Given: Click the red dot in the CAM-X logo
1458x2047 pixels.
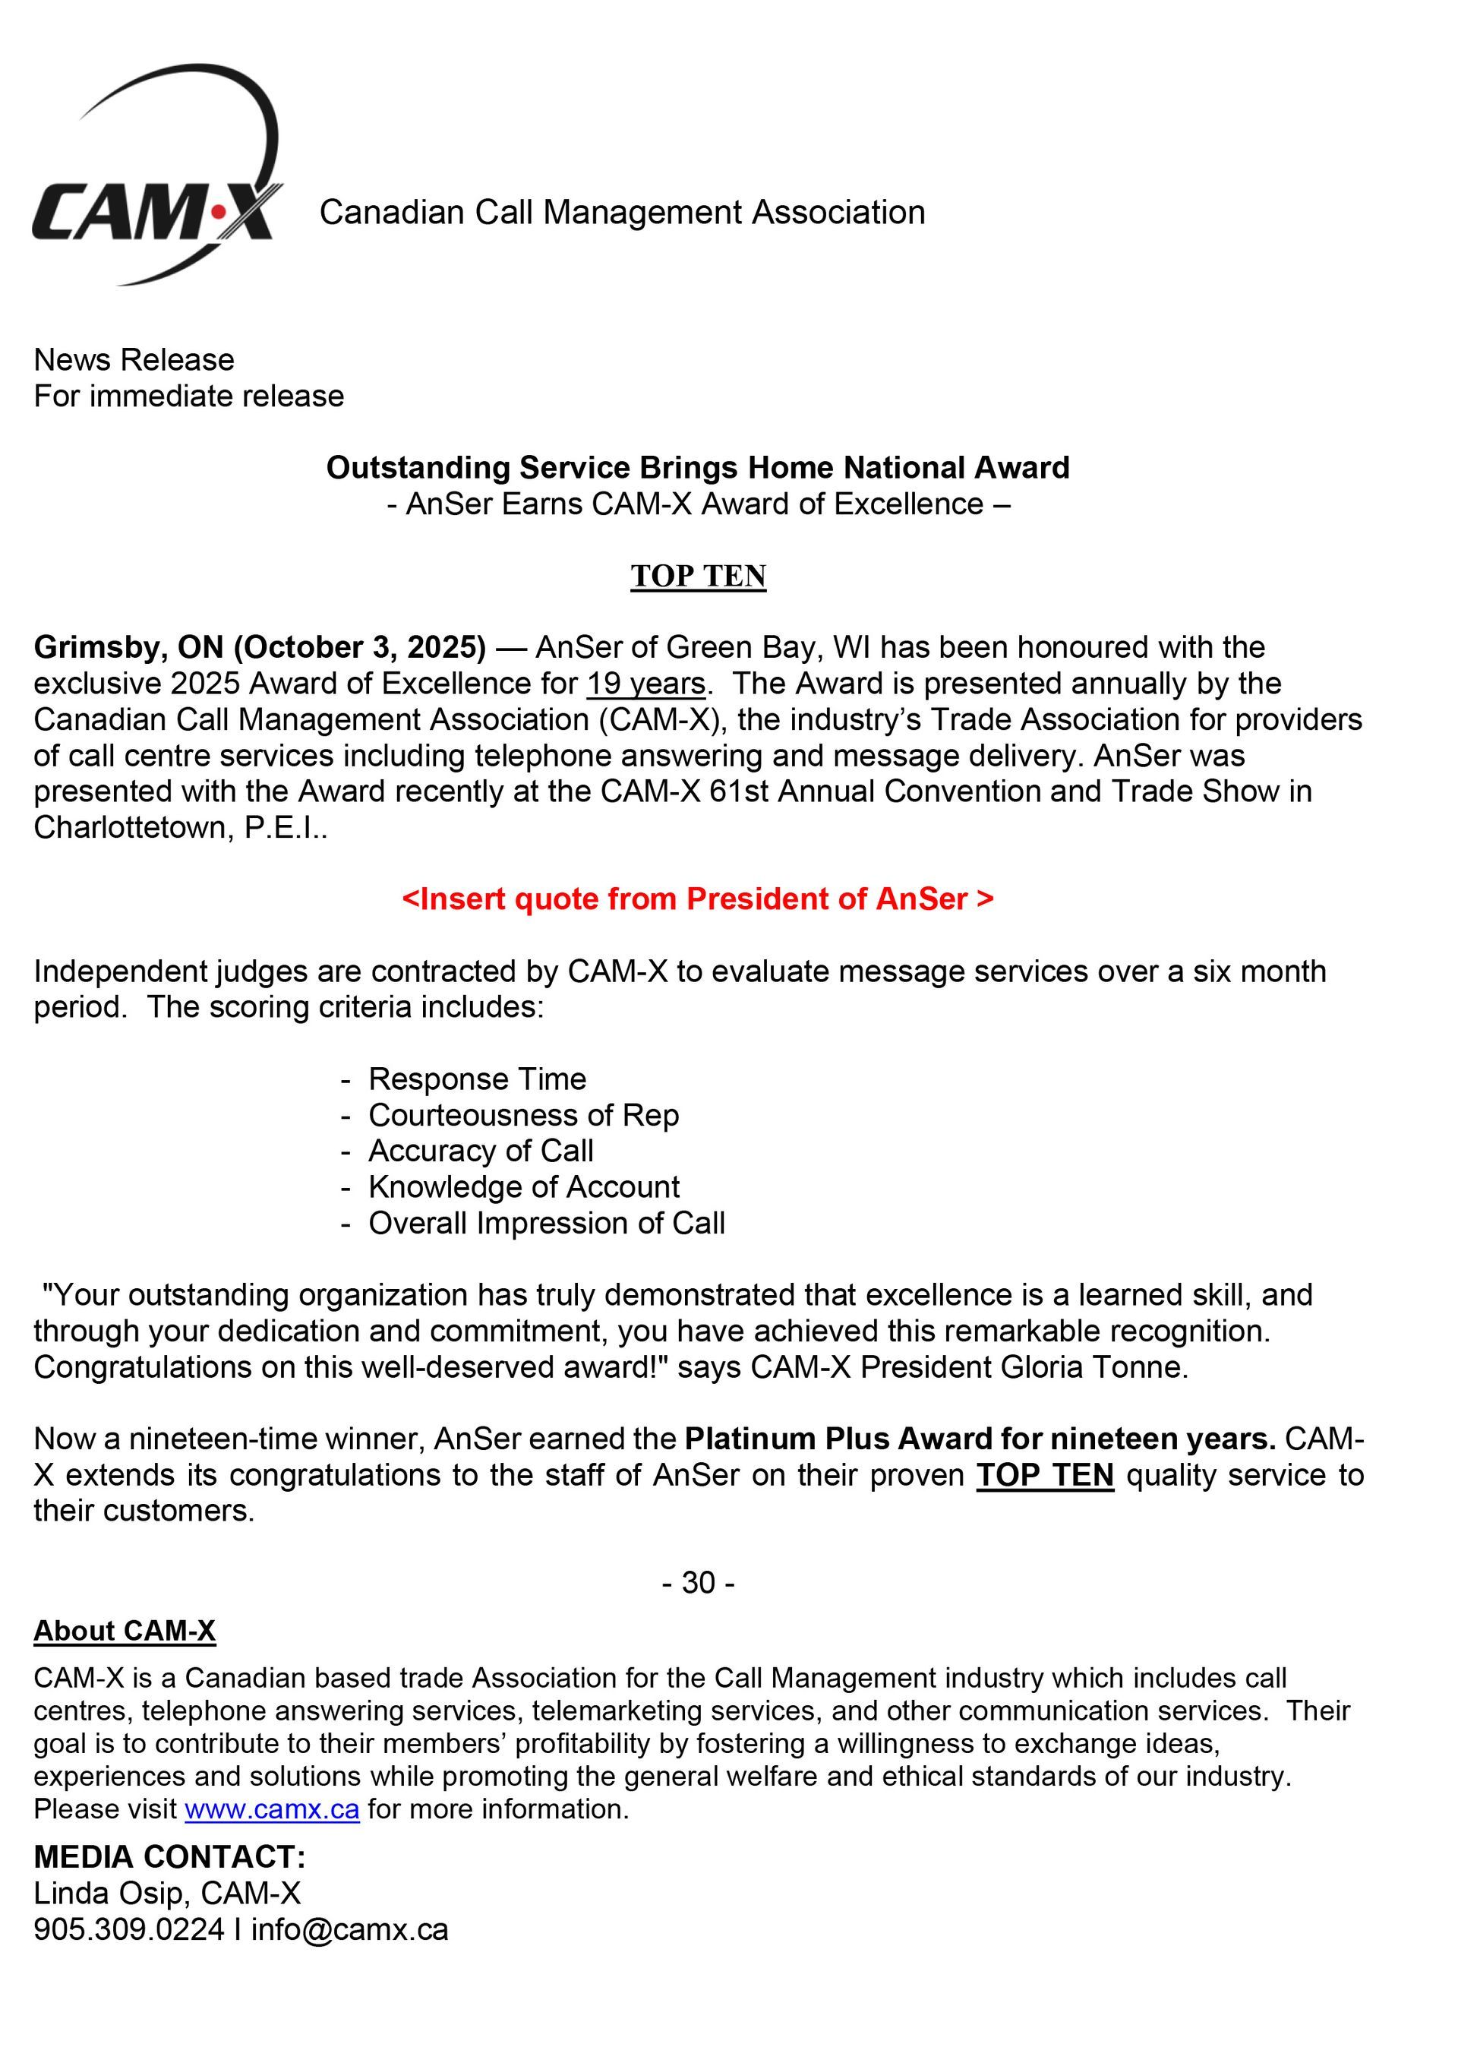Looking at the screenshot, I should [217, 213].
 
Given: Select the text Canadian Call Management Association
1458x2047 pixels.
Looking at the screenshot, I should [622, 213].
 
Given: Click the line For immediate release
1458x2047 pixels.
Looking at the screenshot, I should [188, 396].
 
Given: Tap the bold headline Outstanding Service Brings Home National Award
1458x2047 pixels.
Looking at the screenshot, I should [698, 468].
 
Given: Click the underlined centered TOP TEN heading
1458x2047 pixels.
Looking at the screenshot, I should [698, 577].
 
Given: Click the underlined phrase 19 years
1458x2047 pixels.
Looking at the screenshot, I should [646, 684].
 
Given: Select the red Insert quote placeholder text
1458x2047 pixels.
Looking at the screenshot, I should [698, 899].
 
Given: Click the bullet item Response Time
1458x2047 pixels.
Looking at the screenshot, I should [477, 1079].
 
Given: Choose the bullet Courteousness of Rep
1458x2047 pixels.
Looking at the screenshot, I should [523, 1115].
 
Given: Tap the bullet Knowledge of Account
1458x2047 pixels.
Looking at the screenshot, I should [523, 1187].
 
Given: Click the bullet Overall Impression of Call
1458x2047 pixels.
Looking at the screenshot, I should [546, 1223].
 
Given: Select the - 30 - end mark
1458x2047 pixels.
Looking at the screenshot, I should [698, 1583].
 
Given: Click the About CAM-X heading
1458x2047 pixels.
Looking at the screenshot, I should [125, 1632].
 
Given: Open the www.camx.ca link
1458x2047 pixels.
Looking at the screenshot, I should [272, 1809].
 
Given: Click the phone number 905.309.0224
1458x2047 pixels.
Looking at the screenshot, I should [128, 1929].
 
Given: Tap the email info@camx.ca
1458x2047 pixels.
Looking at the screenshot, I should [349, 1929].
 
